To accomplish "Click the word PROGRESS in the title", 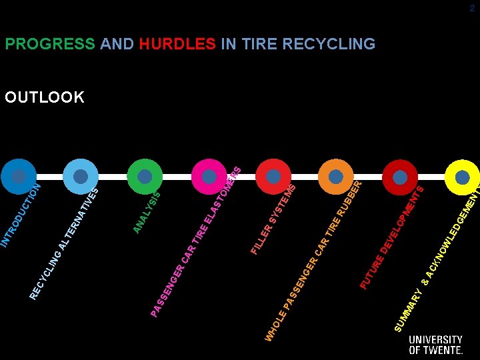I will [x=50, y=44].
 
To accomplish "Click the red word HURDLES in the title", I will [x=177, y=44].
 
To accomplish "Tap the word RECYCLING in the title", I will [x=329, y=44].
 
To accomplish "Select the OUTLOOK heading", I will [x=45, y=97].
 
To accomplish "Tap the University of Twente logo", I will [x=435, y=344].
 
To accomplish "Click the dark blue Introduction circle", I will [x=19, y=177].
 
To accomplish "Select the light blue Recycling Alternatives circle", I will [x=81, y=177].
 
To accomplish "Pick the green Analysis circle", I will [x=144, y=177].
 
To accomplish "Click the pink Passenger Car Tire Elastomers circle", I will [x=209, y=177].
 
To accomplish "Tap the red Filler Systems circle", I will [x=273, y=177].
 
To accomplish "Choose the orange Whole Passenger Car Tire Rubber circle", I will [x=336, y=177].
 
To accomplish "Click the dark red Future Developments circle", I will [x=400, y=177].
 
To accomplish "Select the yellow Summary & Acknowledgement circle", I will [x=462, y=177].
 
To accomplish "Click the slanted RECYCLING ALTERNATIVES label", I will [x=65, y=243].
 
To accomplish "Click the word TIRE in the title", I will [x=261, y=44].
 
